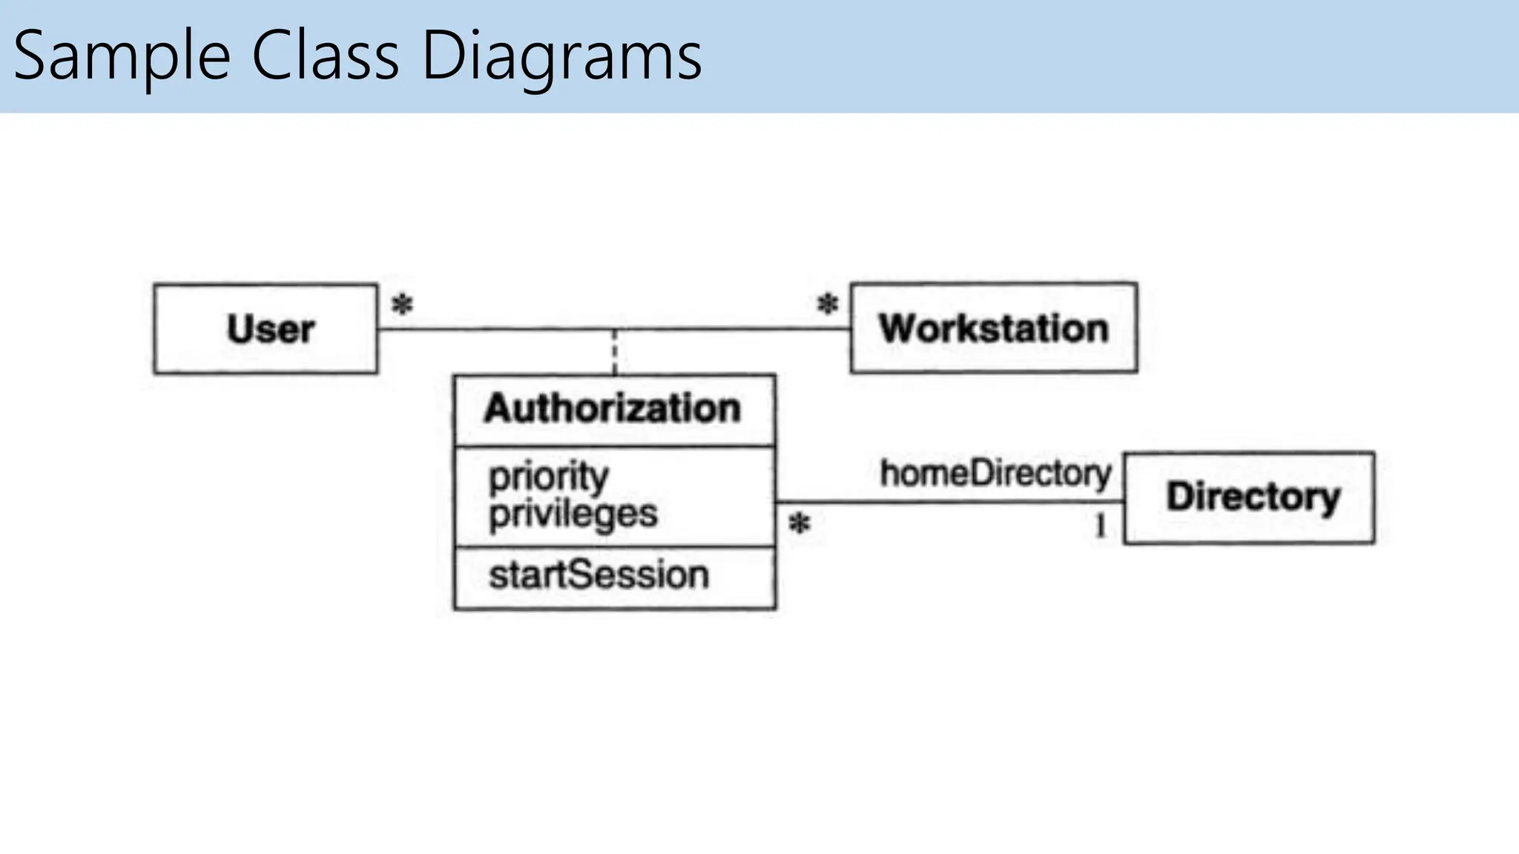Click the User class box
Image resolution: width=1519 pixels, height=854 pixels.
266,328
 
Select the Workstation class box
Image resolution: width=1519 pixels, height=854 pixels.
993,328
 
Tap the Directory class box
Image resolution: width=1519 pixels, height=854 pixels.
1249,497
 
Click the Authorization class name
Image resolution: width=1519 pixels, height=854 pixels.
613,408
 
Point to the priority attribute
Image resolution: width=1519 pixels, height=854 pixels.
548,475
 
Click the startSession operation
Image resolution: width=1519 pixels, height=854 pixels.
599,575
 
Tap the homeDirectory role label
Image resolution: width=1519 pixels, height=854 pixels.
995,473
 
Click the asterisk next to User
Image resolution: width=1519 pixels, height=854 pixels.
402,304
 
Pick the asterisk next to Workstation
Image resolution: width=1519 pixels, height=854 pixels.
828,303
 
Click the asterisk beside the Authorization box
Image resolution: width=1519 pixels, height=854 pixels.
799,524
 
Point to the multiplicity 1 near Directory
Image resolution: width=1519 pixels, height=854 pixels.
1100,526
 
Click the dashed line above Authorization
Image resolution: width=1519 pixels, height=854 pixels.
614,352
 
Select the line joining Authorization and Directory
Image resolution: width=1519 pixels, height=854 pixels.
949,503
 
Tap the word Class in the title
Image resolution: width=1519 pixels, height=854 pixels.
326,56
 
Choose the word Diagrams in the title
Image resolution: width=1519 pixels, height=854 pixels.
561,56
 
